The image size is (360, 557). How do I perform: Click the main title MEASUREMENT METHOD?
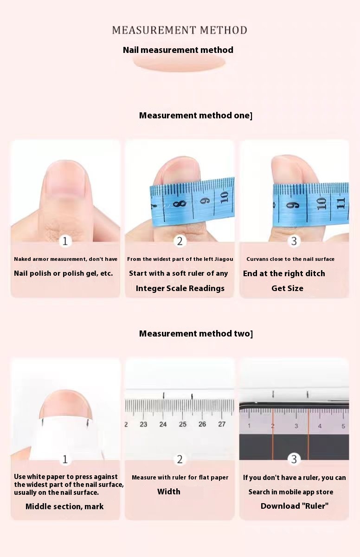(180, 30)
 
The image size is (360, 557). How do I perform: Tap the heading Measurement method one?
(195, 116)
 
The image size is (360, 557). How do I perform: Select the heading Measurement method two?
(196, 333)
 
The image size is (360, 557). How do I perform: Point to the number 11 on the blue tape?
(341, 203)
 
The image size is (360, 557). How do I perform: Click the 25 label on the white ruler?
(183, 424)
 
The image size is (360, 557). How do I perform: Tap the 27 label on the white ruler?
(222, 424)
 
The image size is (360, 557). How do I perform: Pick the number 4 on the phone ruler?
(320, 426)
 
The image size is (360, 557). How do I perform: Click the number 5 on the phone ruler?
(343, 426)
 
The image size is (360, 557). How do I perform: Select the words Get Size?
(287, 288)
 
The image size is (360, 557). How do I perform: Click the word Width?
(169, 492)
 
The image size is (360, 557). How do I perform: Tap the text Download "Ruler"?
(295, 506)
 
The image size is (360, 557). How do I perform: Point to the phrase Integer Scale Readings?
(180, 288)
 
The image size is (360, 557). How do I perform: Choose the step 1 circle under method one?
(65, 241)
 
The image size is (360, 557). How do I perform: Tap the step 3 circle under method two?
(294, 459)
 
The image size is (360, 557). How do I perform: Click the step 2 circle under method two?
(180, 459)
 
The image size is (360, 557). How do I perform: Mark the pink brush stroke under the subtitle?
(179, 63)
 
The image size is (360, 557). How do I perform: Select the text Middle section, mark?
(64, 506)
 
